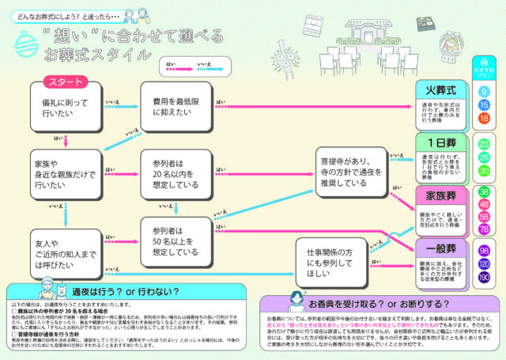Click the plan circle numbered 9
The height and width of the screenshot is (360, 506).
484,92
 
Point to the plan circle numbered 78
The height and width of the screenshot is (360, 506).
484,229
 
